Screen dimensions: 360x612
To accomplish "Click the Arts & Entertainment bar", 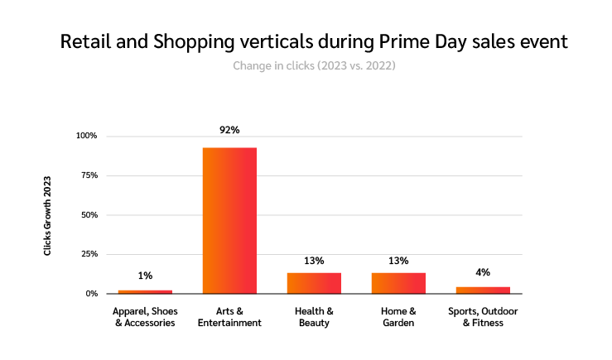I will click(229, 220).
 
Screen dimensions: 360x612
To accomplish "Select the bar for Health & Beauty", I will click(314, 283).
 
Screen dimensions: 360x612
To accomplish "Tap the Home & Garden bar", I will click(398, 283).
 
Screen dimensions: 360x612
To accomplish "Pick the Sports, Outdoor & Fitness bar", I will click(483, 290).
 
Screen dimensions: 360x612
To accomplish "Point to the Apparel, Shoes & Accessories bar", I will click(145, 291).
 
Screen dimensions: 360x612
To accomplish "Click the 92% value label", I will click(229, 130).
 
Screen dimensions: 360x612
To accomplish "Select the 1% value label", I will click(145, 276).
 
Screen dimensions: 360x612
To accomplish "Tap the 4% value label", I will click(483, 271).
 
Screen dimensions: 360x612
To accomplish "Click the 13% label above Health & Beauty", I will click(314, 260).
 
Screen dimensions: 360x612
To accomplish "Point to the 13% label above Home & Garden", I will click(398, 260).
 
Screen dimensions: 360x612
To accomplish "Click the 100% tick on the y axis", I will click(86, 136).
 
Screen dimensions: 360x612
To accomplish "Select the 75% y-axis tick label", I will click(88, 175).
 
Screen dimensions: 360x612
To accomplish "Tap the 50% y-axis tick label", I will click(88, 214).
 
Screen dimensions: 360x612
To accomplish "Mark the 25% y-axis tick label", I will click(88, 254).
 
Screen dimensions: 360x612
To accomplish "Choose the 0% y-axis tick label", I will click(90, 294).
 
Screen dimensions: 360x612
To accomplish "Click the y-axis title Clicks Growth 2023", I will click(47, 214).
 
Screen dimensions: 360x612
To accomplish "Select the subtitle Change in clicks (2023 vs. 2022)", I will click(314, 65).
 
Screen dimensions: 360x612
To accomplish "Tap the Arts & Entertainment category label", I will click(229, 317).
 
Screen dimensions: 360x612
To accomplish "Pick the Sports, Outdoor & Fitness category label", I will click(483, 317).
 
